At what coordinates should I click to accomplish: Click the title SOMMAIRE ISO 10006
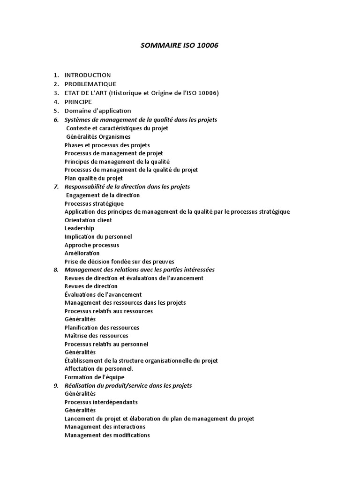click(180, 46)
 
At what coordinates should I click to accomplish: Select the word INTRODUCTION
click(88, 75)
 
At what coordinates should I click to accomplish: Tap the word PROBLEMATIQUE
click(90, 84)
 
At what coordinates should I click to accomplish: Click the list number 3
click(56, 93)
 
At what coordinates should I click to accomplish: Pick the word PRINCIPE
click(78, 102)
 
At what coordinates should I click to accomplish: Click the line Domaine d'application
click(98, 111)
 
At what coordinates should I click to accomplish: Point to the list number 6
click(56, 120)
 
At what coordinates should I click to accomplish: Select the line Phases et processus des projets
click(107, 145)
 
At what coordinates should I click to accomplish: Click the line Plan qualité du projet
click(94, 178)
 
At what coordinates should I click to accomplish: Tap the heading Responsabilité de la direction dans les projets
click(127, 187)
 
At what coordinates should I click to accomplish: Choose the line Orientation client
click(88, 220)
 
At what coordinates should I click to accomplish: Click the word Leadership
click(79, 228)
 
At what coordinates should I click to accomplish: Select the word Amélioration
click(82, 253)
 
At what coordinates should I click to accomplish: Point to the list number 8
click(56, 270)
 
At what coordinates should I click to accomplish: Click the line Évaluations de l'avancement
click(103, 294)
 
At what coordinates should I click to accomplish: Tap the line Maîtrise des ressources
click(96, 336)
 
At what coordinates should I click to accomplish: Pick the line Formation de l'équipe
click(95, 377)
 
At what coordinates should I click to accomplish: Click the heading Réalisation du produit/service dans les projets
click(128, 385)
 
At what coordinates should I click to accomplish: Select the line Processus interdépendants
click(101, 402)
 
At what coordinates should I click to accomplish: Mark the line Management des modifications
click(107, 435)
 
